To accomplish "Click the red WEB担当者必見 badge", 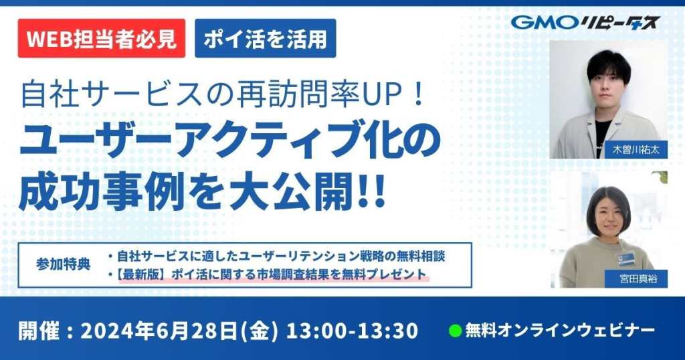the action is (x=102, y=38).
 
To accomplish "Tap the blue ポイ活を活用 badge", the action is (x=265, y=38).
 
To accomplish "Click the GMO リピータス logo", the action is (x=585, y=22).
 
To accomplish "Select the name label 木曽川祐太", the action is (x=635, y=149).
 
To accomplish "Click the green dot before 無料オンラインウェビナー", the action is (x=455, y=331).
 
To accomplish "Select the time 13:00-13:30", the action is (x=352, y=331).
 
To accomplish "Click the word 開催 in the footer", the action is (x=38, y=331).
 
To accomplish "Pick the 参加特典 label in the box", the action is (x=64, y=264).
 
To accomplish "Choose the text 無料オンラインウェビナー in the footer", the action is (x=560, y=331).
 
